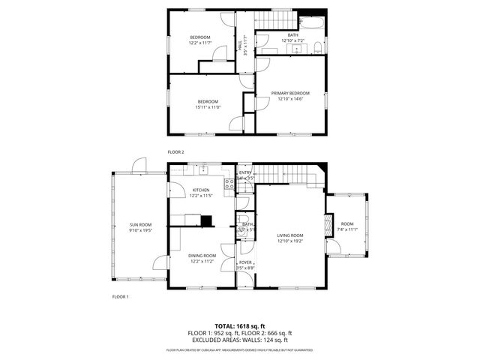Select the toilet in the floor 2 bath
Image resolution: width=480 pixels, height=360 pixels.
point(319,49)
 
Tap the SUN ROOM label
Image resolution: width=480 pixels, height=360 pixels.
point(140,225)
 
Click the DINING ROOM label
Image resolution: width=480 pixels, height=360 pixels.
point(202,256)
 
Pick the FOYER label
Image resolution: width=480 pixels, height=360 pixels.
point(245,262)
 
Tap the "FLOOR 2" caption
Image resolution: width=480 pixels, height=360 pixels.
point(175,151)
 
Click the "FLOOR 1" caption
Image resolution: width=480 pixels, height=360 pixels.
point(121,296)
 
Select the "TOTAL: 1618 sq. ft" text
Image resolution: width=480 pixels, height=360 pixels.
point(239,325)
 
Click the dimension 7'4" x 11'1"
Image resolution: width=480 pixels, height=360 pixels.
point(346,229)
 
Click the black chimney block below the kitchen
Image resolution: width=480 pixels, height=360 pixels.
point(207,220)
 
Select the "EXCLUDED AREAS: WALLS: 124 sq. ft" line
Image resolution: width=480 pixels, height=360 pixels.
point(239,340)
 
